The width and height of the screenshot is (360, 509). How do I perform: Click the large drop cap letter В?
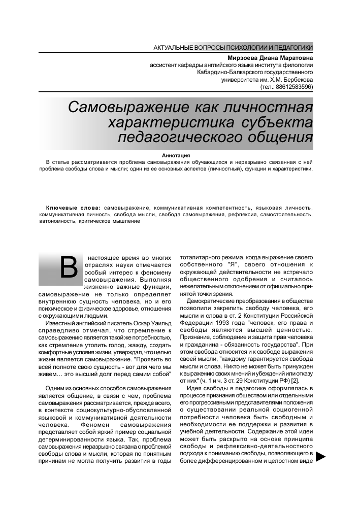(x=69, y=267)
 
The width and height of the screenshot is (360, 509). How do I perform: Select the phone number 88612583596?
(x=294, y=87)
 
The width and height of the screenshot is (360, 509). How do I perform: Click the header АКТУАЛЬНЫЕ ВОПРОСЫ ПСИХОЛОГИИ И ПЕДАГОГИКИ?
(x=233, y=47)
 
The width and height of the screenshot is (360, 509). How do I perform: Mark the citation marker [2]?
(x=294, y=380)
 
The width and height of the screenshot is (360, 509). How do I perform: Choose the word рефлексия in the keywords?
(x=240, y=215)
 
